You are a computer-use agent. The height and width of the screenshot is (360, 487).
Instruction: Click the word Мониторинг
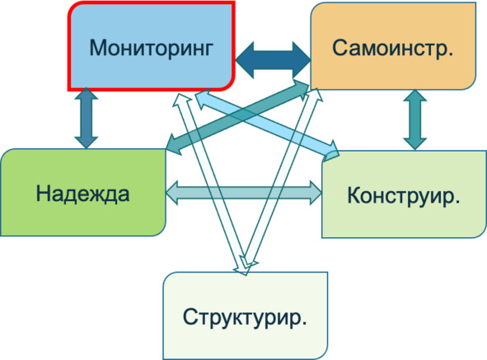coord(152,49)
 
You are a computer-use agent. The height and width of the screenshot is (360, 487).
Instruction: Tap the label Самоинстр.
coord(392,49)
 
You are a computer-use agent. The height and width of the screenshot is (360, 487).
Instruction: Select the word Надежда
coord(82,194)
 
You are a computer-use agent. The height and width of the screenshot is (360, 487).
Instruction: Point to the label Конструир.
coord(404,196)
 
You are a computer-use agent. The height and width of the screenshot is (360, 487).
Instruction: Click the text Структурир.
coord(245,317)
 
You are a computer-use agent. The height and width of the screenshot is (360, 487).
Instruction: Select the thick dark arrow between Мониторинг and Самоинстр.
coord(273,59)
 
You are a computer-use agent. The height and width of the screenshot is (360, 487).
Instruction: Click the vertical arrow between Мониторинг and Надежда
coord(86,118)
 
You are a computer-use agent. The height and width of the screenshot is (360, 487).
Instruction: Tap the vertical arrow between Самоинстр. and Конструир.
coord(415,120)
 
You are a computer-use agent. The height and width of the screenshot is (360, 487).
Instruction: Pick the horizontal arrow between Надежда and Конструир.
coord(244,193)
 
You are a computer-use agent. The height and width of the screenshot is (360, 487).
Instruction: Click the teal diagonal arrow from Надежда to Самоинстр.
coord(237,117)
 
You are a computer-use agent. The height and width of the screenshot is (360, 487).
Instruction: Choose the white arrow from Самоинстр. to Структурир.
coord(281,178)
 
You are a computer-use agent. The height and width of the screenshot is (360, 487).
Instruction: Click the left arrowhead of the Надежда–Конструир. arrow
coord(172,193)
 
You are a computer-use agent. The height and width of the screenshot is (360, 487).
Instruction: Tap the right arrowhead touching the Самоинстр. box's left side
coord(302,59)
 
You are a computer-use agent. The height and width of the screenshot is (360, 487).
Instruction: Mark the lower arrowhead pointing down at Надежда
coord(86,143)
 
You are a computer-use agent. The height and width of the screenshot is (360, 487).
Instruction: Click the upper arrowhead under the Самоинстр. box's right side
coord(415,96)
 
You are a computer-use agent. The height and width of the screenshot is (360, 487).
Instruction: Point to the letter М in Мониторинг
coord(98,48)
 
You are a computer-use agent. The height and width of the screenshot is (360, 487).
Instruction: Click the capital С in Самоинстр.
coord(339,48)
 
